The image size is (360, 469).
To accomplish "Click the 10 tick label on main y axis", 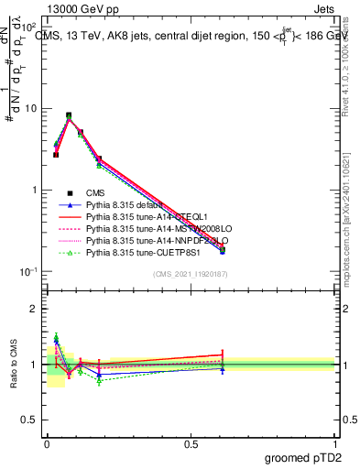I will point(29,108).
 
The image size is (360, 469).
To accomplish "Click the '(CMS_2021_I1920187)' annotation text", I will point(189,274).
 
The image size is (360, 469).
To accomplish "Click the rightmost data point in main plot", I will point(223,249).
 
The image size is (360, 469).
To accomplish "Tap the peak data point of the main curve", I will point(69,116).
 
